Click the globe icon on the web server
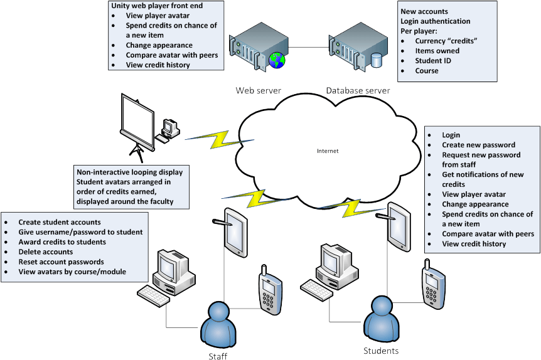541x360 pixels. [277, 60]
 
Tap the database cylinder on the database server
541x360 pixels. [377, 60]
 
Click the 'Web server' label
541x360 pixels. [259, 90]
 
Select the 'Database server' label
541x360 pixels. [358, 90]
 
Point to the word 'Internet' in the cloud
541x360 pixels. [328, 151]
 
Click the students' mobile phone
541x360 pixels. [433, 284]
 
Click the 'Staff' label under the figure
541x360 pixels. [218, 356]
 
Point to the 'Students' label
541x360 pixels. [381, 351]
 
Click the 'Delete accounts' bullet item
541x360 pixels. [46, 251]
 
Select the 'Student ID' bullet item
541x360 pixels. [433, 61]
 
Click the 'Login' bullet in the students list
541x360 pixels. [451, 135]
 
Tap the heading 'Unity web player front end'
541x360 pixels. [157, 6]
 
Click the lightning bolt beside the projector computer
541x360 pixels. [220, 139]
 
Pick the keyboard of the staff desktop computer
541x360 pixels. [153, 296]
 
